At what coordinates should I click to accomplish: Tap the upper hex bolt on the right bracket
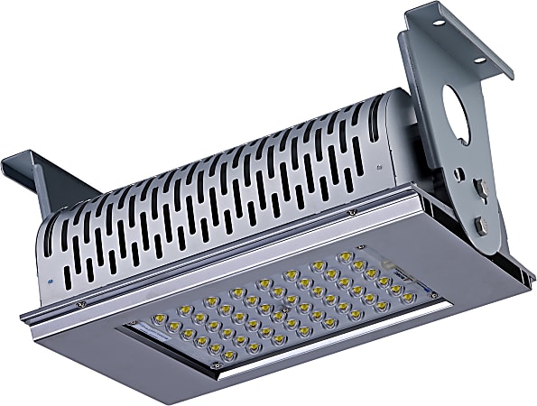click(x=480, y=189)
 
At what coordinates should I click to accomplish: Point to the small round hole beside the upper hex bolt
click(x=459, y=174)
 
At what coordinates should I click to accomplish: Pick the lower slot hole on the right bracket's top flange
click(x=478, y=60)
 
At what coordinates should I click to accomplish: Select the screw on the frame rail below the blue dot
click(x=80, y=304)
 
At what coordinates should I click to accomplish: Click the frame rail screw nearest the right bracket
click(x=352, y=213)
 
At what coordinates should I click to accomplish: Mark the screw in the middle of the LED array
click(x=286, y=308)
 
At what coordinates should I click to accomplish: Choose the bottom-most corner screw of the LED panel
click(x=215, y=365)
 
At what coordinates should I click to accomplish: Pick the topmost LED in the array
click(x=344, y=255)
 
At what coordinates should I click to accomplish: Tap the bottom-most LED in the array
click(x=229, y=356)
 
